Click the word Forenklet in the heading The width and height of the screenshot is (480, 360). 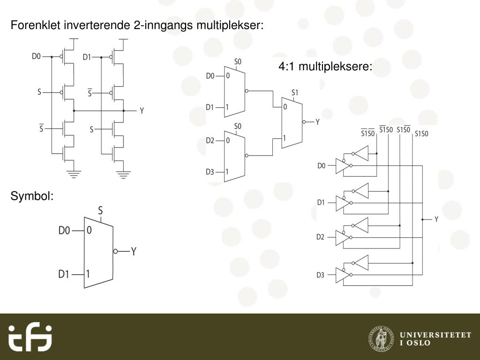(31, 25)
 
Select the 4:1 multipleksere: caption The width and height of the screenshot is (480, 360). (325, 67)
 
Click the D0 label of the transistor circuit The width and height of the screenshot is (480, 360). (37, 57)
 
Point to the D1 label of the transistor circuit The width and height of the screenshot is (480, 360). (87, 57)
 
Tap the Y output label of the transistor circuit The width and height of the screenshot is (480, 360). (142, 111)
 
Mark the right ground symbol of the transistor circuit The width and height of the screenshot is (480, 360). (124, 174)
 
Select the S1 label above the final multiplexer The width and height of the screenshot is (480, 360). (294, 92)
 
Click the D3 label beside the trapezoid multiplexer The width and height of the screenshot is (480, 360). (210, 172)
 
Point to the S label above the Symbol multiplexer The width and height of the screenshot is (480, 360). (100, 211)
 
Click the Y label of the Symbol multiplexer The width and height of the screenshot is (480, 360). (134, 252)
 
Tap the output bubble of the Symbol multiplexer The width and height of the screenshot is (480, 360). (115, 251)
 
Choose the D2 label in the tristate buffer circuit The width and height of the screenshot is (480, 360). (320, 237)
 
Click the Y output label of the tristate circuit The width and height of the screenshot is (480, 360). (436, 219)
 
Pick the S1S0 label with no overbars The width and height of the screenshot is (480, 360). (421, 134)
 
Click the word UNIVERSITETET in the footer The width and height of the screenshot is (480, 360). (435, 334)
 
